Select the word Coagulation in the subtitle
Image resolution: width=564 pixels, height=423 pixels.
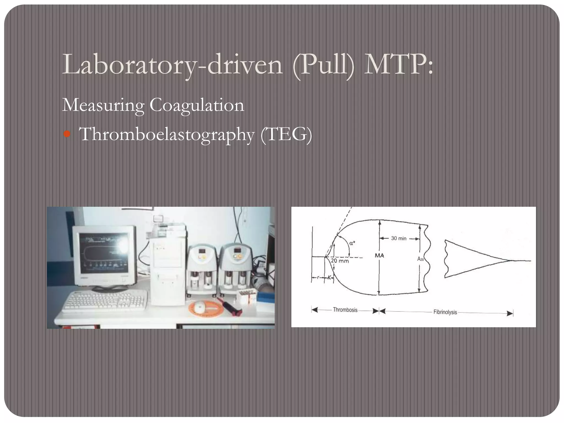197,105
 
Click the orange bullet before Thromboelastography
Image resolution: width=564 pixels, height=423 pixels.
67,134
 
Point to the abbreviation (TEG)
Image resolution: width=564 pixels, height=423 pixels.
286,134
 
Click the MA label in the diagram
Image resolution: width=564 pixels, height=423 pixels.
379,256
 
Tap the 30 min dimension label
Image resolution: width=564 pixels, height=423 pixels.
398,238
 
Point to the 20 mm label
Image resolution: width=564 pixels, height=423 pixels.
340,261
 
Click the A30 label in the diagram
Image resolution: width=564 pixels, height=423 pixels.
420,259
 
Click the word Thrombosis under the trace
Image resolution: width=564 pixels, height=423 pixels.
345,310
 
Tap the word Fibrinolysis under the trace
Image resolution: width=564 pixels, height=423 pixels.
445,312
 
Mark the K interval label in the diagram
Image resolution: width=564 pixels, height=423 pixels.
329,278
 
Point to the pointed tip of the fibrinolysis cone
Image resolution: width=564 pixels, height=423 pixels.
512,261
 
